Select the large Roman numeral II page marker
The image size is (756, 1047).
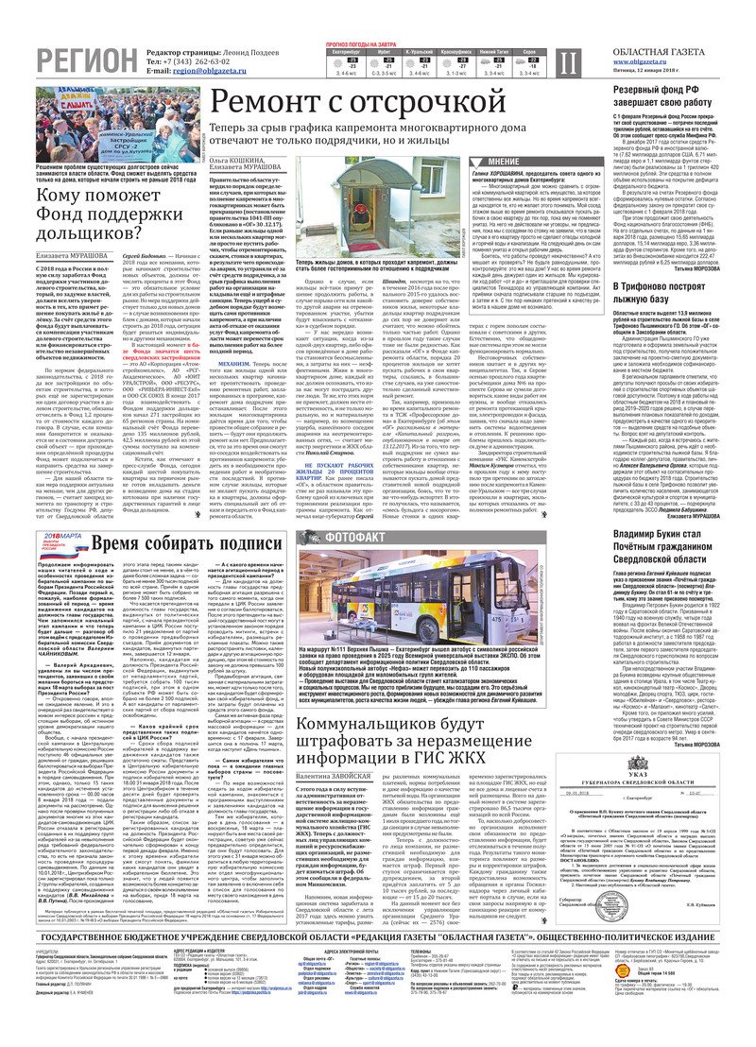(566, 63)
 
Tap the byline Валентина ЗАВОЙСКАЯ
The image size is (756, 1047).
(331, 747)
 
